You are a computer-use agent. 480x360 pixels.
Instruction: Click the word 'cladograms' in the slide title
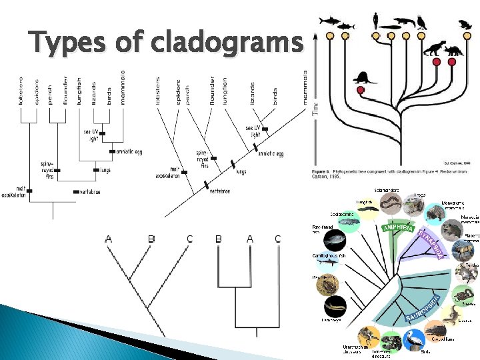coord(227,43)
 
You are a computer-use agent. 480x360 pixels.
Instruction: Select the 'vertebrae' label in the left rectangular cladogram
coord(89,191)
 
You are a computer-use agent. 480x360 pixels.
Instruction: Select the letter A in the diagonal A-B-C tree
coord(109,239)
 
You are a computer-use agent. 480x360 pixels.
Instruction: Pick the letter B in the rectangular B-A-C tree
coord(218,239)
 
